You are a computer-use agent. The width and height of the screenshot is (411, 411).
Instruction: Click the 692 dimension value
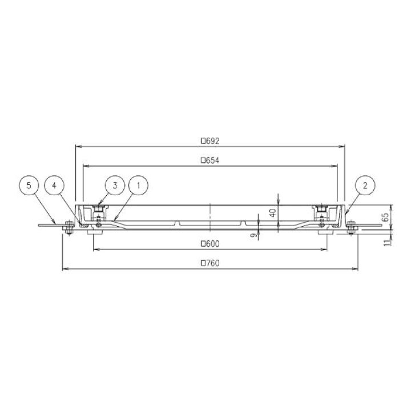212,141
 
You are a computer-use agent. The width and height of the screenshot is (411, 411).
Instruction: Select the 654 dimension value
212,160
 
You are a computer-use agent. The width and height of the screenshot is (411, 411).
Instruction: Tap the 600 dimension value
212,244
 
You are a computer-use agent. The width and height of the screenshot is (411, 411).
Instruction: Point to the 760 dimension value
212,263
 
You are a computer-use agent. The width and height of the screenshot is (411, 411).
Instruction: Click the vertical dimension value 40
273,212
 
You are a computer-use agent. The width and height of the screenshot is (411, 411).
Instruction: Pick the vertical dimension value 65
385,217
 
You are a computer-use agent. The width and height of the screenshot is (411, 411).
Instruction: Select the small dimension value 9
253,235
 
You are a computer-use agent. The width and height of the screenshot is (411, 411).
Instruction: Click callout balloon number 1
138,186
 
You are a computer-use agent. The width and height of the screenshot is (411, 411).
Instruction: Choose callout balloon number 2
365,186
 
